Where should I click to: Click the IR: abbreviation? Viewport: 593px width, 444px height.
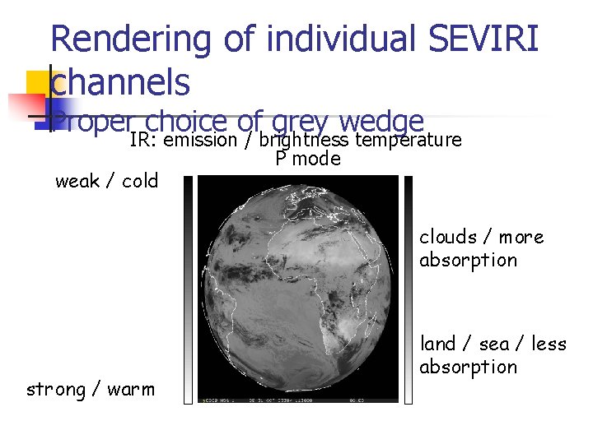(x=144, y=140)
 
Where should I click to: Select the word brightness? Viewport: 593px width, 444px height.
(x=303, y=140)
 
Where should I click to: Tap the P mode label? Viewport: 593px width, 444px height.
(x=307, y=159)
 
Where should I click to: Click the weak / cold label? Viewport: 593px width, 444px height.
(x=106, y=181)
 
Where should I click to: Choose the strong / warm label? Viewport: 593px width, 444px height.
(x=91, y=389)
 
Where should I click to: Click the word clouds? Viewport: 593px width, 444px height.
(x=448, y=237)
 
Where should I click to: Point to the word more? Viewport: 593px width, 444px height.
(x=521, y=237)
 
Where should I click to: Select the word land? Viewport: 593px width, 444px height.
(x=438, y=343)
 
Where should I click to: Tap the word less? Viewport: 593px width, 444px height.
(x=549, y=343)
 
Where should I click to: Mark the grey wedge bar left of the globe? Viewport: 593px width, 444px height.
(x=188, y=288)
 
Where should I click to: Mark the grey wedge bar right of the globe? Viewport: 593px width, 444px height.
(x=409, y=288)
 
